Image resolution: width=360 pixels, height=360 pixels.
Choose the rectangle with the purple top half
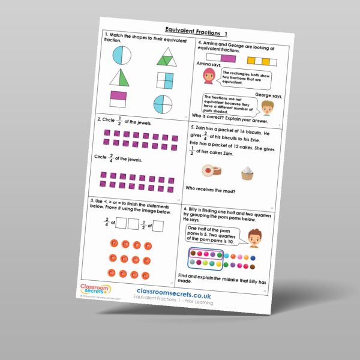(x=118, y=98)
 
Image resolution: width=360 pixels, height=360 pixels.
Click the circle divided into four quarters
(x=161, y=103)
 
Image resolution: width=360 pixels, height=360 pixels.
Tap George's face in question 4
(x=265, y=107)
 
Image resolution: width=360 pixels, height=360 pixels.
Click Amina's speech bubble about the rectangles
(x=242, y=79)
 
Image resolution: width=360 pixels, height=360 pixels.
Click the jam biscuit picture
(x=209, y=171)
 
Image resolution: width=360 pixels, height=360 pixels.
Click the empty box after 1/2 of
(x=158, y=226)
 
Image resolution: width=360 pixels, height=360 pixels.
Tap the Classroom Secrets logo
(x=91, y=290)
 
